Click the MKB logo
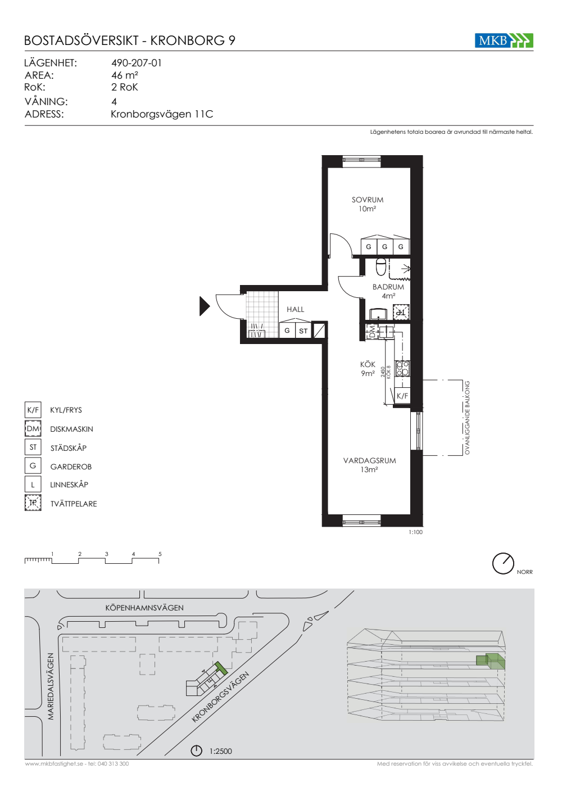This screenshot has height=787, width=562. pyautogui.click(x=504, y=40)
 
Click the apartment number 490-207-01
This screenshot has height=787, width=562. pyautogui.click(x=137, y=63)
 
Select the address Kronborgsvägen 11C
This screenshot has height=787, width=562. pyautogui.click(x=162, y=114)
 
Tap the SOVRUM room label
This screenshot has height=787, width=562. pyautogui.click(x=368, y=200)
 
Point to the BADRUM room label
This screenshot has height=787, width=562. pyautogui.click(x=388, y=287)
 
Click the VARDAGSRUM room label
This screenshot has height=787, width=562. pyautogui.click(x=370, y=460)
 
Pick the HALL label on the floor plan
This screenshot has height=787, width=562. pyautogui.click(x=296, y=309)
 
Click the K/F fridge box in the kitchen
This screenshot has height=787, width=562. pyautogui.click(x=402, y=396)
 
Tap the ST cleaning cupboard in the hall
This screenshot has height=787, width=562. pyautogui.click(x=303, y=331)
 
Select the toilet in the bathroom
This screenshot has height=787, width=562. pyautogui.click(x=381, y=268)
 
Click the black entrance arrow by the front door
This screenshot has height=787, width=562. pyautogui.click(x=205, y=306)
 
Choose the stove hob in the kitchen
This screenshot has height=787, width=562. pyautogui.click(x=402, y=368)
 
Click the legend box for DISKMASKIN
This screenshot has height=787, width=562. pyautogui.click(x=33, y=428)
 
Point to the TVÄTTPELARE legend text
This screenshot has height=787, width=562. pyautogui.click(x=74, y=504)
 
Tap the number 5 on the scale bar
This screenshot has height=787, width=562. pyautogui.click(x=160, y=554)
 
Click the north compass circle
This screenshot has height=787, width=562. pyautogui.click(x=503, y=563)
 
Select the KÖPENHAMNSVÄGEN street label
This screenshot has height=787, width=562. pyautogui.click(x=144, y=608)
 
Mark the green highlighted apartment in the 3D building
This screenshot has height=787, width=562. pyautogui.click(x=491, y=661)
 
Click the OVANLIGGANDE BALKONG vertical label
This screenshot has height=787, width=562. pyautogui.click(x=467, y=418)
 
